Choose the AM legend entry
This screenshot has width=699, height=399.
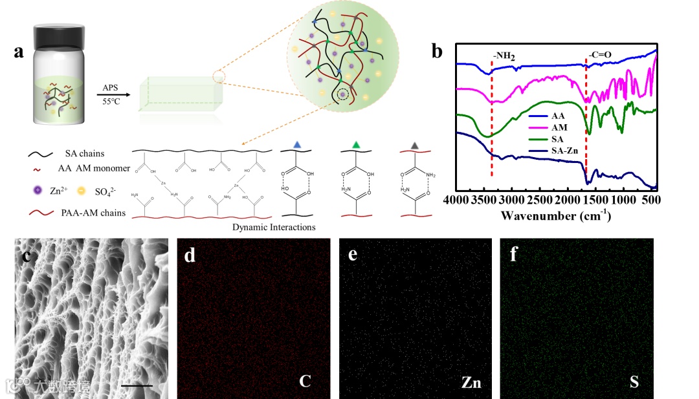pos(559,127)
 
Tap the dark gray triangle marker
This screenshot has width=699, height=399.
pos(415,144)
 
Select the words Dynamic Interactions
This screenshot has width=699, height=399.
pos(274,227)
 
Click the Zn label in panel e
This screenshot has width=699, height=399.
pos(471,382)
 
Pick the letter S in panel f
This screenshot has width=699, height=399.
pos(634,382)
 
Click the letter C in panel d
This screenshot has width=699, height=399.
pos(305,382)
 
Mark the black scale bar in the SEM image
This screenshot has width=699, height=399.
pos(136,386)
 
